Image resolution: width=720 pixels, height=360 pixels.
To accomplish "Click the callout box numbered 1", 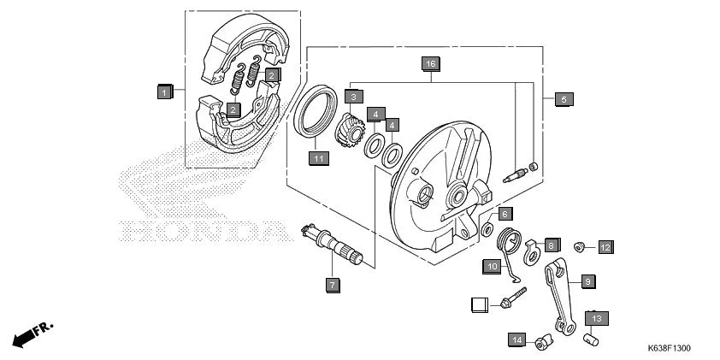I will click(x=165, y=91).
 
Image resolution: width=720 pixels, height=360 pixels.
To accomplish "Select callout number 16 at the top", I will click(x=430, y=64).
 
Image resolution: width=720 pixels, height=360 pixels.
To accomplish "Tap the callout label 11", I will click(x=317, y=158).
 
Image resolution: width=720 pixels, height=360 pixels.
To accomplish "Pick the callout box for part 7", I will click(x=333, y=285).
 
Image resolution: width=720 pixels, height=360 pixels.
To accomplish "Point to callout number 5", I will click(x=563, y=99).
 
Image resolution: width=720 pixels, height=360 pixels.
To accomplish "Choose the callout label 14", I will click(x=516, y=339).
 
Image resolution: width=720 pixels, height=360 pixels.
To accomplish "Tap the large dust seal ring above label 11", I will click(x=316, y=111).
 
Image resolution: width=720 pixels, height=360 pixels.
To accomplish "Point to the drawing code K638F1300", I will click(x=669, y=349).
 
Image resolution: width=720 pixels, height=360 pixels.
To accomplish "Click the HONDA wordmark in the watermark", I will click(x=203, y=230).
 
